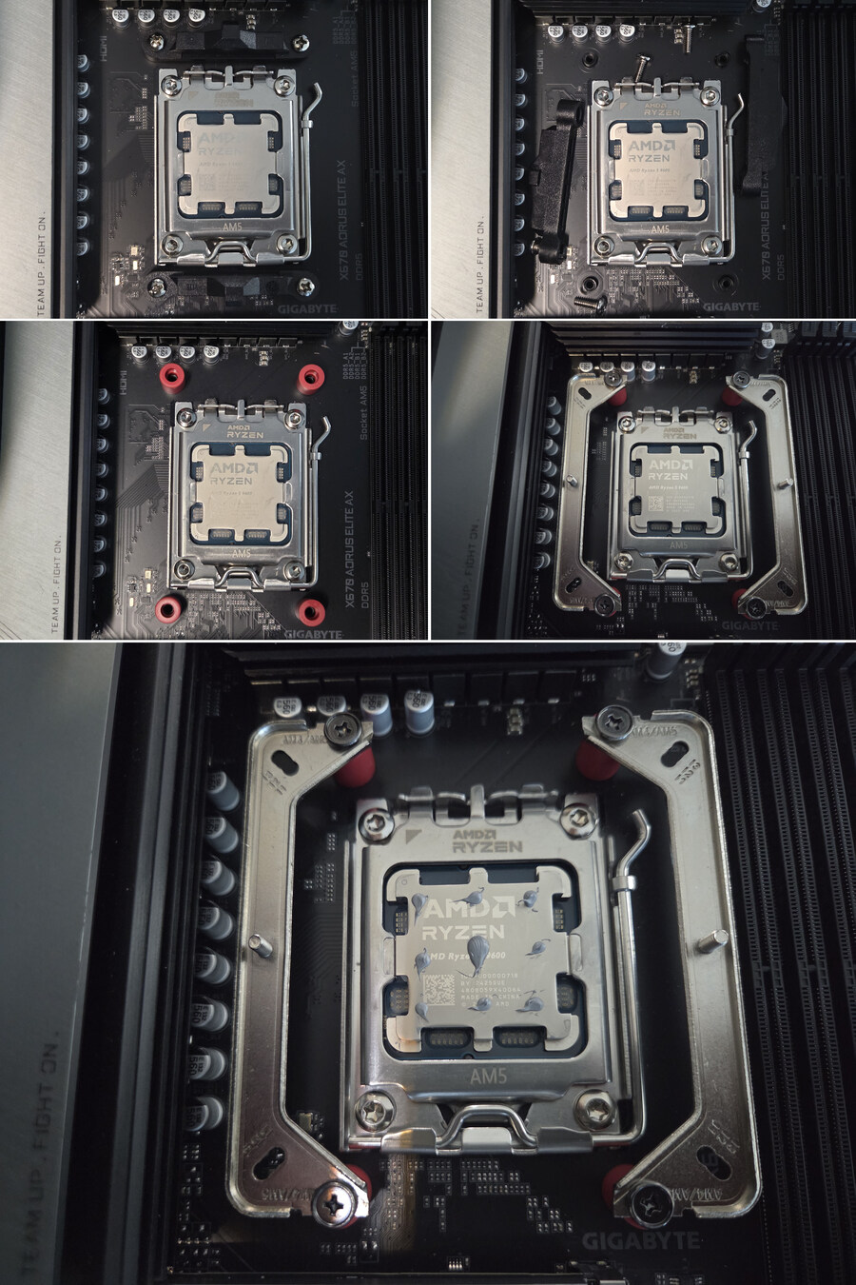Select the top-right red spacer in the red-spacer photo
point(310,377)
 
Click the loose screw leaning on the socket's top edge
point(644,70)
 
